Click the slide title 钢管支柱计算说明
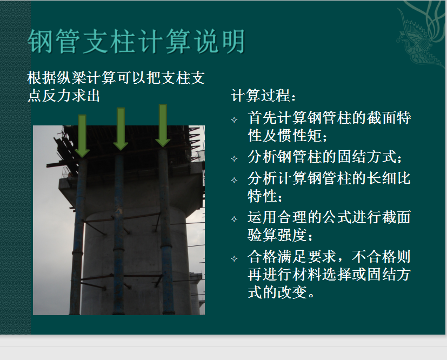[x=136, y=41]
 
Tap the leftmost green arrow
[x=82, y=136]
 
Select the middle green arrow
[x=121, y=129]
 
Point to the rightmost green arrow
[x=163, y=125]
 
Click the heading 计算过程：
[x=264, y=95]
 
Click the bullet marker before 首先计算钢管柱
[x=234, y=119]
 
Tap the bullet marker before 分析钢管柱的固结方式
[x=234, y=158]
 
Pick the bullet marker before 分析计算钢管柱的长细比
[x=234, y=180]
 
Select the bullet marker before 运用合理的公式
[x=234, y=219]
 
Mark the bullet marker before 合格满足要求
[x=234, y=258]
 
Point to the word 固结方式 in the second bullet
[x=367, y=156]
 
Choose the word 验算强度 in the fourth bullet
[x=277, y=235]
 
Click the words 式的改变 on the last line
[x=277, y=292]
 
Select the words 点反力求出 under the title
[x=64, y=95]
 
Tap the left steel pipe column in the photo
[x=77, y=237]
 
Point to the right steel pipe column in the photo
[x=165, y=231]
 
